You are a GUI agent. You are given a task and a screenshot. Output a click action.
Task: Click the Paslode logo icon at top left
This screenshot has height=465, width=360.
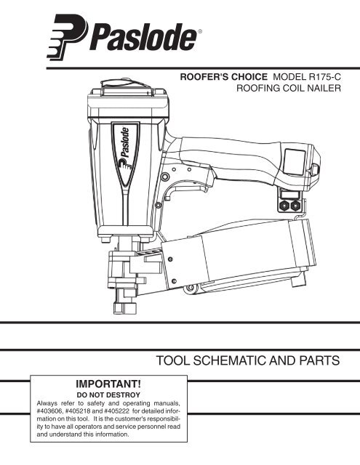[67, 37]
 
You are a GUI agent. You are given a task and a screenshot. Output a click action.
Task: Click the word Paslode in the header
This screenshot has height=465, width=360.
[143, 38]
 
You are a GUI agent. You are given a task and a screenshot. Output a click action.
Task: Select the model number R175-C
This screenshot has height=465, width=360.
[325, 77]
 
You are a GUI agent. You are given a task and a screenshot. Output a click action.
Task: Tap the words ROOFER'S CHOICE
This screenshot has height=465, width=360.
[223, 77]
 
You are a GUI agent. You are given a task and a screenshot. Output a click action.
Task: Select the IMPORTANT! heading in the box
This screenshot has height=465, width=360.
[108, 384]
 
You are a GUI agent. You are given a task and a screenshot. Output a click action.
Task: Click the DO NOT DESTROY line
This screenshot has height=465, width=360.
[108, 395]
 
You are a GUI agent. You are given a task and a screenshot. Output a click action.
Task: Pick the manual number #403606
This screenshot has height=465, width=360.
[49, 411]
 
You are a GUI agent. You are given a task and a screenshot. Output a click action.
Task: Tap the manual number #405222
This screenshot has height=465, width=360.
[116, 411]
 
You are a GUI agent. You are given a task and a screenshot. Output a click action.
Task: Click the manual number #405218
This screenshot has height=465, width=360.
[78, 411]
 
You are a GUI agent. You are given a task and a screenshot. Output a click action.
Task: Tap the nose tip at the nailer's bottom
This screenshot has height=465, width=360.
[125, 307]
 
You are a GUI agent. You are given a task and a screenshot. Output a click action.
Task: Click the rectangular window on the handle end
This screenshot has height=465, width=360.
[295, 161]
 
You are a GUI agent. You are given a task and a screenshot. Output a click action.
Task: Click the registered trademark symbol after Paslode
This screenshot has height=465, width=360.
[200, 31]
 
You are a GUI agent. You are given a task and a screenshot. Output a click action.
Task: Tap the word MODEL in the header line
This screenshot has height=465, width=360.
[289, 77]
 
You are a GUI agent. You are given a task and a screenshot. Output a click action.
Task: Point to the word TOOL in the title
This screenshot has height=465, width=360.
[173, 360]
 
